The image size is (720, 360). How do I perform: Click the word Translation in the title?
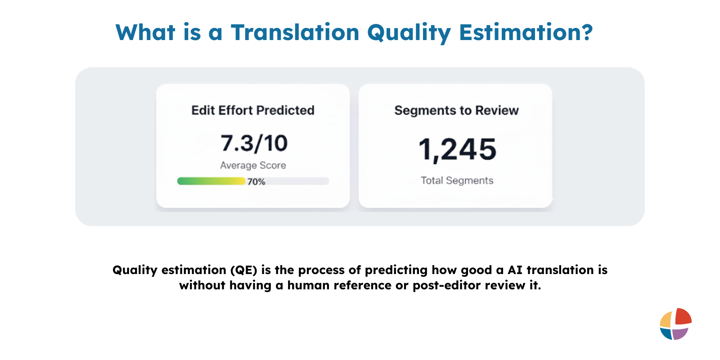pos(295,33)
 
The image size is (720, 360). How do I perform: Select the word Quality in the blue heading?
pos(409,33)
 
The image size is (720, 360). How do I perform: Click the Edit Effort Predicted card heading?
pos(252,110)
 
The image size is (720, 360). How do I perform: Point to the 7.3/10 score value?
pos(254,144)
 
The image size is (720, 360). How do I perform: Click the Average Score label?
pos(253,166)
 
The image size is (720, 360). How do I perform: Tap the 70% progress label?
pos(256,182)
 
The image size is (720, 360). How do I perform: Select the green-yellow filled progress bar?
pos(211,181)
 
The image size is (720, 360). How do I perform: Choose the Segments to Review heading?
pos(456,111)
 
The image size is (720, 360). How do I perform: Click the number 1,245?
pos(457,149)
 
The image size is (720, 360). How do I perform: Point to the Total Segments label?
pos(457,180)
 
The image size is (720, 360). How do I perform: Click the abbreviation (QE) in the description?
pos(243,270)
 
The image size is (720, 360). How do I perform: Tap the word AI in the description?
pos(515,270)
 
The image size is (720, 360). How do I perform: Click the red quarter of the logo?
pos(683,316)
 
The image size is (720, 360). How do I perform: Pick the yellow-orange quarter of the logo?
pos(666,320)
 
